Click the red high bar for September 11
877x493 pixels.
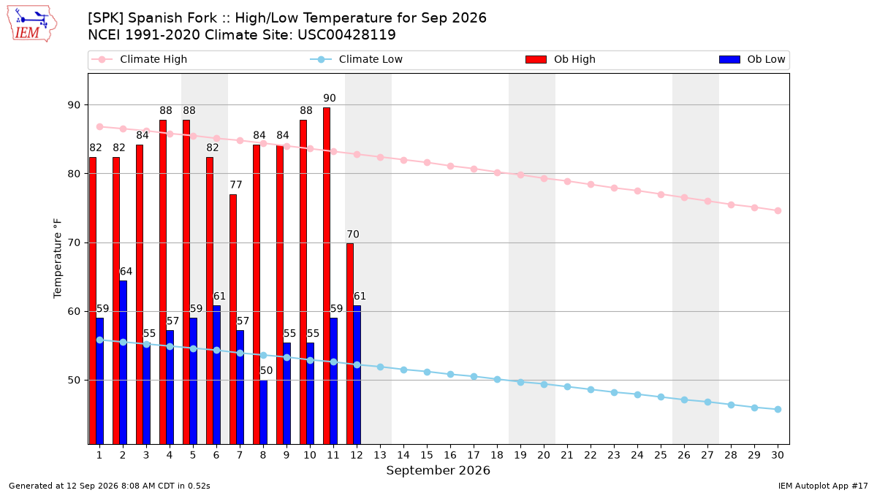pos(327,276)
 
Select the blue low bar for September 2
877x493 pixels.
pos(123,362)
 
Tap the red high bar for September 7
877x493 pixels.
pos(233,319)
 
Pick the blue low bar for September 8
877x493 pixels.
pos(264,412)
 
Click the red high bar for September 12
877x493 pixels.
pos(350,343)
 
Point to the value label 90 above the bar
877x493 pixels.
pos(330,98)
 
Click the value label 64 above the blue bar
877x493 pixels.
pos(126,271)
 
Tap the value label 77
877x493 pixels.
pos(235,185)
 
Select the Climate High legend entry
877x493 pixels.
pos(139,59)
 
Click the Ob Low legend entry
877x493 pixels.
pos(752,59)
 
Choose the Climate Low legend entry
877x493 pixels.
pos(356,59)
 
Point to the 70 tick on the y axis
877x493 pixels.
pos(74,243)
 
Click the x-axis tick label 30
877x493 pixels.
pos(778,455)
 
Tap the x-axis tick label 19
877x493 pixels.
pos(520,455)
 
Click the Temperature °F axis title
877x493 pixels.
pos(58,259)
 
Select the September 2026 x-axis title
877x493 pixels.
pos(438,470)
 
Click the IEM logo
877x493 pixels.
pos(31,23)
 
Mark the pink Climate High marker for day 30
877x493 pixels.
pos(778,210)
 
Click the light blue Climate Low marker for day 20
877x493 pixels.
pos(544,385)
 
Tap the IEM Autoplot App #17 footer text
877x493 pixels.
pos(823,486)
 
